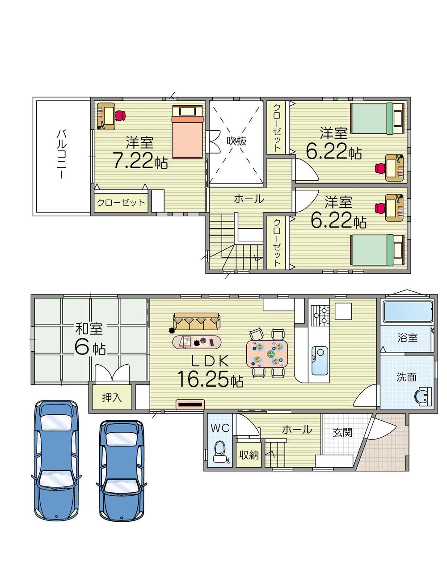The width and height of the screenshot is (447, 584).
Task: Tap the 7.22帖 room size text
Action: pos(140,161)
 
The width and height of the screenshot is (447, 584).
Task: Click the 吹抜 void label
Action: pos(236,141)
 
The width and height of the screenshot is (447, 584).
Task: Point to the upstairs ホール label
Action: pos(249,199)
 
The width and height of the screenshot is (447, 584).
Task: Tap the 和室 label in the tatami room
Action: pos(89,329)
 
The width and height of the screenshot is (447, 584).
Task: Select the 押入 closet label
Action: pos(111,397)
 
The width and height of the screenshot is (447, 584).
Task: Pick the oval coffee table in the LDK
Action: pos(197,342)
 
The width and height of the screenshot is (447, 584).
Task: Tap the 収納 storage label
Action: pos(249,455)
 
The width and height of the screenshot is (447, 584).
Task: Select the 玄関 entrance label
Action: pos(342,432)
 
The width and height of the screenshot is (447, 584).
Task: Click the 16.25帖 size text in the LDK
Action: pos(210,379)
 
